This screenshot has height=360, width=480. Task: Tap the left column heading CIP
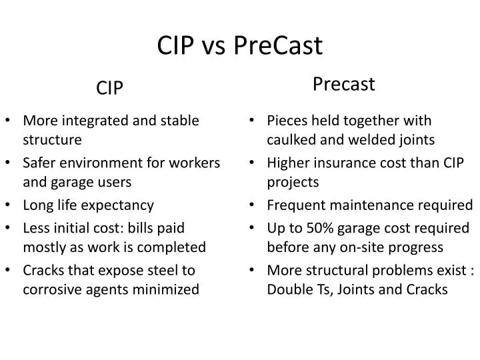[x=110, y=87]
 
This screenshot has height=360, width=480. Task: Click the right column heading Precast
[x=344, y=84]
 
